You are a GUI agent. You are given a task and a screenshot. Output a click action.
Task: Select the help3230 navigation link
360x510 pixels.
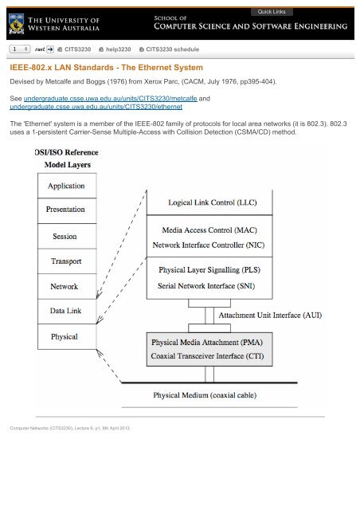[112, 49]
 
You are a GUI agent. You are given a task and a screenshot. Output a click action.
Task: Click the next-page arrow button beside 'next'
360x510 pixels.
[46, 49]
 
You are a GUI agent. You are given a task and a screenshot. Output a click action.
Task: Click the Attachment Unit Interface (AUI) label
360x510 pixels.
[270, 316]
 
